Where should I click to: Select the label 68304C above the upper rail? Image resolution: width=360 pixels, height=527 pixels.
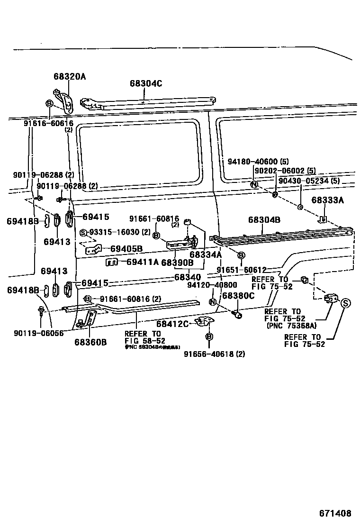(146, 84)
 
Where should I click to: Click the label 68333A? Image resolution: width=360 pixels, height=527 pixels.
(327, 200)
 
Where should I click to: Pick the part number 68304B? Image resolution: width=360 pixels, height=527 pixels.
(264, 220)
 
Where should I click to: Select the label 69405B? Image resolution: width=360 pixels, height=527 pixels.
(126, 249)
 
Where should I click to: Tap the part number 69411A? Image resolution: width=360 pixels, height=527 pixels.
(143, 262)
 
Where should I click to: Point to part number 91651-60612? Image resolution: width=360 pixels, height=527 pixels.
(242, 270)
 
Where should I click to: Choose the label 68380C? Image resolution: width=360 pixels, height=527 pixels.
(238, 296)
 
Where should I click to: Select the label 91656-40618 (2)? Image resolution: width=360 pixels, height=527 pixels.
(215, 353)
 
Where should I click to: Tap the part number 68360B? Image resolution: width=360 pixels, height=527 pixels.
(90, 342)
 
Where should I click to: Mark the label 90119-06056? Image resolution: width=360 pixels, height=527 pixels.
(36, 333)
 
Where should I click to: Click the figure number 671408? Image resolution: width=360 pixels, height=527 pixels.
(334, 513)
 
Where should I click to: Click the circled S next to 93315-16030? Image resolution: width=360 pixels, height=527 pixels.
(83, 232)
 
